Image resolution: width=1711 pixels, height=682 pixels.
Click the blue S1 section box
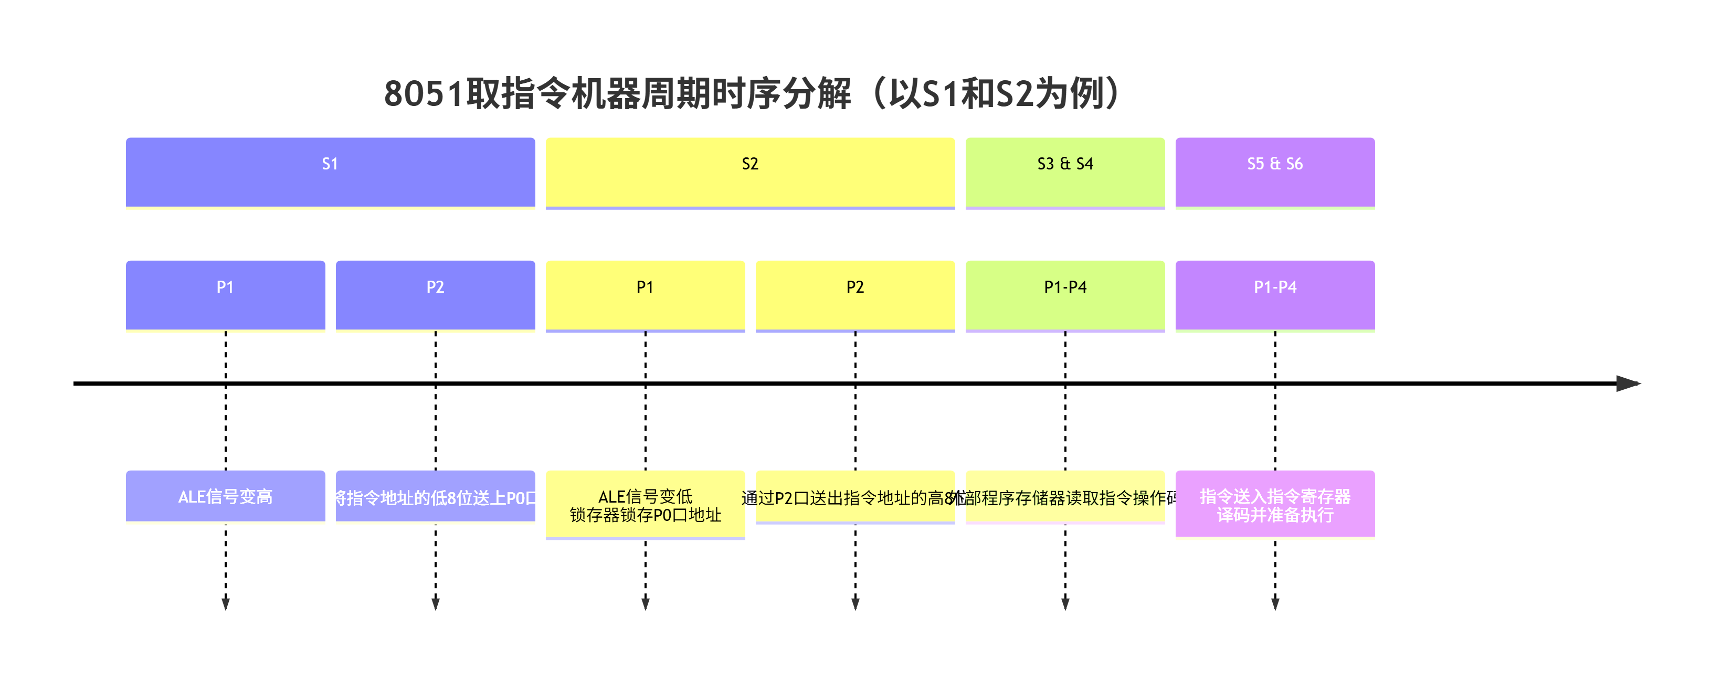point(330,172)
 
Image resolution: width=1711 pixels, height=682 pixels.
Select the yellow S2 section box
point(750,172)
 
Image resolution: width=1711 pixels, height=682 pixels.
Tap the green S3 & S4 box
point(1065,172)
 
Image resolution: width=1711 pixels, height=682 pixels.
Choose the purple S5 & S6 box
point(1275,172)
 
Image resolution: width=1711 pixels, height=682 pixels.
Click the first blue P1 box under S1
point(225,295)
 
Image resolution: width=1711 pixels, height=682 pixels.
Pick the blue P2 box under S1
point(435,295)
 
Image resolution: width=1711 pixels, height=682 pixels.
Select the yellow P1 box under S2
point(645,295)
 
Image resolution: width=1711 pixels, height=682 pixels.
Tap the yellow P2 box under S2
point(855,295)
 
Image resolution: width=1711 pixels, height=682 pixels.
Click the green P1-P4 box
point(1065,295)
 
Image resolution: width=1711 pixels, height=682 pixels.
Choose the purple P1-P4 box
point(1275,295)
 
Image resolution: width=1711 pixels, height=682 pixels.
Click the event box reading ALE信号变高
point(225,496)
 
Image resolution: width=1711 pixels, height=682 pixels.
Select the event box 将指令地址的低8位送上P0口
point(435,496)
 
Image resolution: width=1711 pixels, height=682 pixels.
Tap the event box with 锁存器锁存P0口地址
point(645,505)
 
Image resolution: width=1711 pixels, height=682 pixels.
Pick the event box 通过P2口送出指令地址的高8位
point(855,496)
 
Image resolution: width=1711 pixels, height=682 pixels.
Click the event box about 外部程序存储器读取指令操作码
point(1065,496)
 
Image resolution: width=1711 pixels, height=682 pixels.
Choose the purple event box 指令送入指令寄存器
point(1275,503)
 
